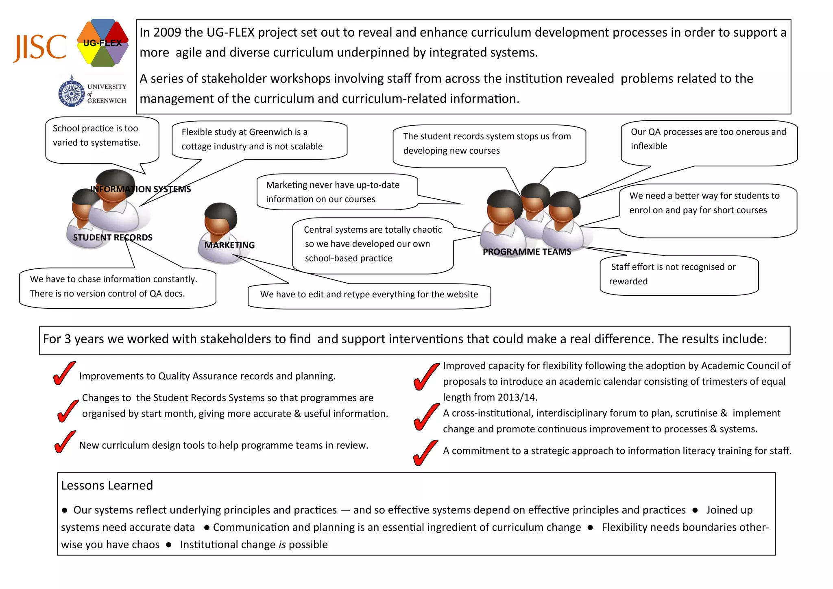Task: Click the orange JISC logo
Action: tap(40, 48)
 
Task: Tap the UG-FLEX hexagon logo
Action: tap(102, 43)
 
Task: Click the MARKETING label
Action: tap(229, 245)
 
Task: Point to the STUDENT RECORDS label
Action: tap(113, 238)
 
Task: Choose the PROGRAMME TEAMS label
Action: tap(527, 252)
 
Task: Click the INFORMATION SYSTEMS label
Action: tap(140, 189)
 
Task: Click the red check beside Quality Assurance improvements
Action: tap(64, 373)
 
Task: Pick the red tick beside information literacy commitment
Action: tap(425, 453)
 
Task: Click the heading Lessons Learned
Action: tap(107, 485)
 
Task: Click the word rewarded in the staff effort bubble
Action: tap(628, 281)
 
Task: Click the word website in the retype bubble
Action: tap(460, 294)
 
